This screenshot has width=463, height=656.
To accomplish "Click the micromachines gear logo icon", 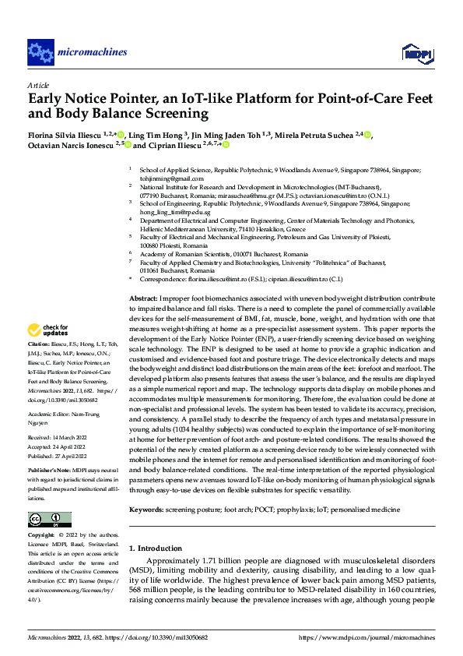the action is (x=40, y=52).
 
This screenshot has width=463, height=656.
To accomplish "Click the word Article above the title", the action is (x=38, y=85).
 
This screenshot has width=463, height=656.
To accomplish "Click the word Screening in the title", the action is (x=177, y=115).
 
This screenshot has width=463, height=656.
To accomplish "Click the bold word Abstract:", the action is (x=143, y=298).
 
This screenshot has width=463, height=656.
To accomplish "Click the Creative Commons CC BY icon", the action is (x=50, y=520).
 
